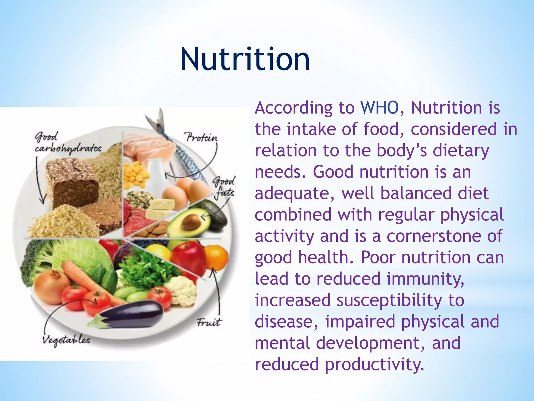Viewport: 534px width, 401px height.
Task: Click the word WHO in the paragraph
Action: (379, 108)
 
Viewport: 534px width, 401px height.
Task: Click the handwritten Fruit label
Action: (208, 323)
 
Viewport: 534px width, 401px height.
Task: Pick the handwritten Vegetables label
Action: (66, 340)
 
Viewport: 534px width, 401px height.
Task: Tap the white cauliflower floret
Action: (183, 290)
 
